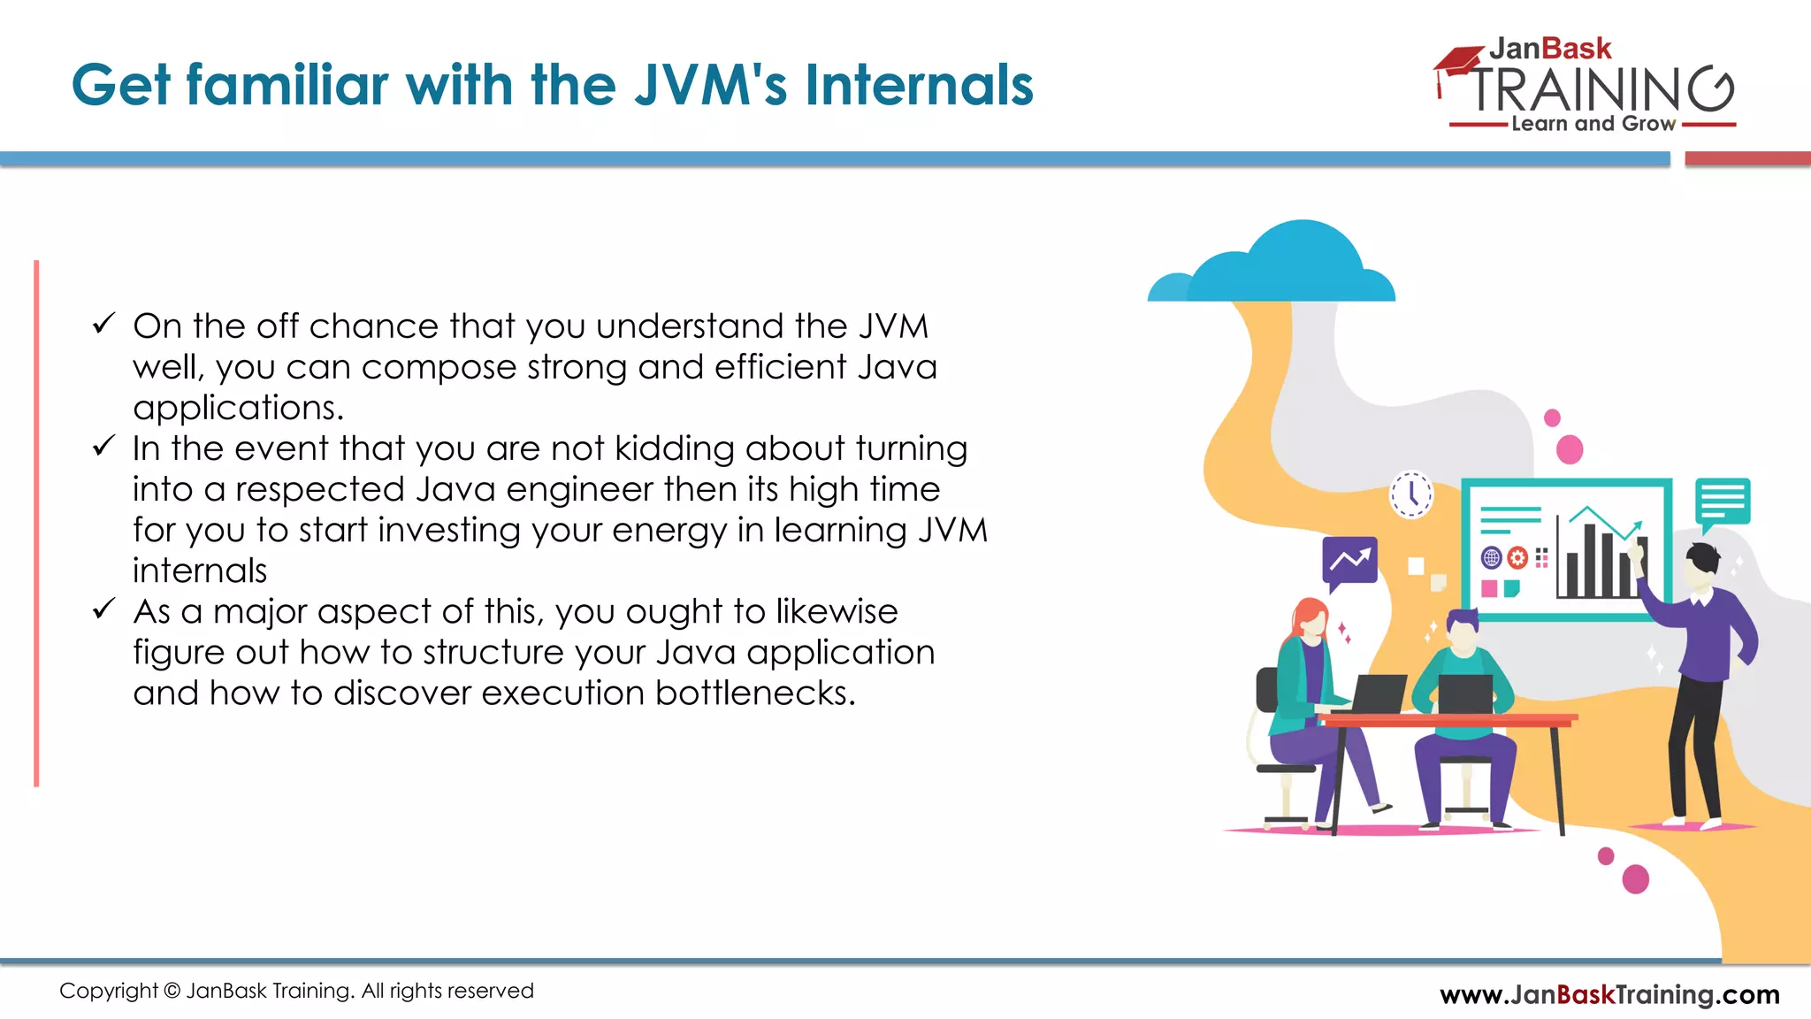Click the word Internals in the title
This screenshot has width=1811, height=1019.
click(x=919, y=86)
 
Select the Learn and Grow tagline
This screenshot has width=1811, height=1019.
click(x=1593, y=124)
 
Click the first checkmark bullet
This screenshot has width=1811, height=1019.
click(x=103, y=324)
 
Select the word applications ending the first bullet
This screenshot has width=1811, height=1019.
click(x=236, y=408)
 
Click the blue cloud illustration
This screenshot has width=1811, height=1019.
click(x=1282, y=265)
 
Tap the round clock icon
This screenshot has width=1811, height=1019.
click(x=1411, y=494)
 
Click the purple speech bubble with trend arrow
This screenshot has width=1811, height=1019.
click(x=1349, y=561)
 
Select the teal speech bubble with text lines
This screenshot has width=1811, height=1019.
click(x=1723, y=502)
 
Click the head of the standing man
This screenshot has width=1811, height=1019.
click(x=1702, y=566)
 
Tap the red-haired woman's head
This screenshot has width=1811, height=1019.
click(x=1310, y=618)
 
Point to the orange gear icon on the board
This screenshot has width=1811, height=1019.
click(x=1517, y=557)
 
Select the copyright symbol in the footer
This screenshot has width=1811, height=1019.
click(x=172, y=991)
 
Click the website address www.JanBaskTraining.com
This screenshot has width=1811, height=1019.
click(x=1609, y=994)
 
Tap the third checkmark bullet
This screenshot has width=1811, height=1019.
click(x=103, y=609)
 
